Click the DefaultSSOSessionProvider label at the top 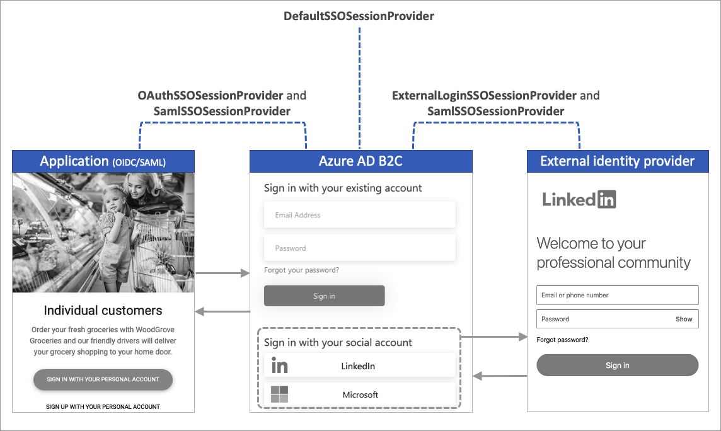pos(359,16)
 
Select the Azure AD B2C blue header pos(360,161)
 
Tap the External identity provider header pos(617,161)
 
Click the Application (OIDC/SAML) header pos(103,161)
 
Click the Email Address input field pos(359,215)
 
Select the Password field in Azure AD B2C pos(359,248)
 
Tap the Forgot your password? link pos(301,270)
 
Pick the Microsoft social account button pos(359,395)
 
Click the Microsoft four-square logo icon pos(279,395)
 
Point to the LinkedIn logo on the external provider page pos(579,200)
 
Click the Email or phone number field pos(617,295)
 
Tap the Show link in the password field pos(684,319)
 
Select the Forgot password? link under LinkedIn pos(562,340)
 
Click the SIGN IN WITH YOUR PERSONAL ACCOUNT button pos(103,379)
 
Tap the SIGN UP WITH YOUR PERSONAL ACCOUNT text pos(103,407)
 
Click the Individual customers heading pos(103,310)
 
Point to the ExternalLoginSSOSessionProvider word pos(484,96)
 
